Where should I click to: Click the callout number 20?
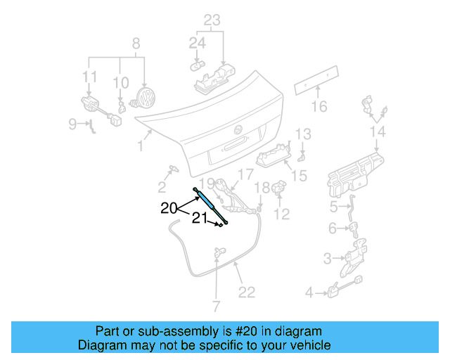tap(169, 208)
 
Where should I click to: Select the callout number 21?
tap(200, 219)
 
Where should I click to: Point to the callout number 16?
tap(320, 107)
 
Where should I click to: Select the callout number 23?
tap(212, 20)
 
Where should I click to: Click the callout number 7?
tap(216, 306)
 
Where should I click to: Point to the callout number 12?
tap(281, 214)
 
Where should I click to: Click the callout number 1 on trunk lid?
tap(141, 146)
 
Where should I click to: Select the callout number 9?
tap(73, 124)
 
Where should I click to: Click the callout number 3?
tap(327, 259)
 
